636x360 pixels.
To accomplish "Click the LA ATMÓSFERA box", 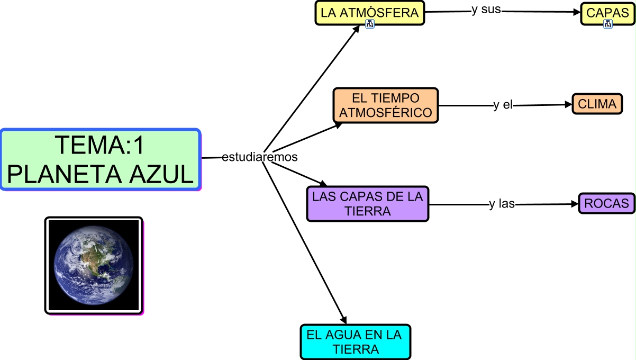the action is pyautogui.click(x=370, y=13).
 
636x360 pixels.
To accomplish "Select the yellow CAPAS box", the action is pyautogui.click(x=607, y=13).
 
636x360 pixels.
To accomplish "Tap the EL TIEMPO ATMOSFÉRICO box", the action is pyautogui.click(x=386, y=105).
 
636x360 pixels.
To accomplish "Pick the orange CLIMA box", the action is pyautogui.click(x=597, y=104).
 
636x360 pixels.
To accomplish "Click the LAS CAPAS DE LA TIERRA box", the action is pyautogui.click(x=368, y=204).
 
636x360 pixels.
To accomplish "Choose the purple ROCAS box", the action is pyautogui.click(x=606, y=203).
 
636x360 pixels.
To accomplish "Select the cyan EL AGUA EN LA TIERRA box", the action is pyautogui.click(x=356, y=342).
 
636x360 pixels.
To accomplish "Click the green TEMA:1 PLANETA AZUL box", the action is pyautogui.click(x=101, y=159).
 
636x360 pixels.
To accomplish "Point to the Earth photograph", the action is pyautogui.click(x=94, y=265).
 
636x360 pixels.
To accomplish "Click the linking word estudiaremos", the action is pyautogui.click(x=259, y=157).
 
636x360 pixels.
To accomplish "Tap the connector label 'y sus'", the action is pyautogui.click(x=486, y=10).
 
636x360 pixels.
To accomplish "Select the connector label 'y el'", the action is pyautogui.click(x=503, y=105).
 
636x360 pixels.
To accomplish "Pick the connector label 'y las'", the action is pyautogui.click(x=502, y=204).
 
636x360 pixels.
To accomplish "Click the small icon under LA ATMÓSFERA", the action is pyautogui.click(x=370, y=24).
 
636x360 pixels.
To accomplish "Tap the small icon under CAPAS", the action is pyautogui.click(x=608, y=24).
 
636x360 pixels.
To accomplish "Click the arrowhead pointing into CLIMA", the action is pyautogui.click(x=568, y=105).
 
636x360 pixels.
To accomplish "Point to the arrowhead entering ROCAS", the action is pyautogui.click(x=575, y=204).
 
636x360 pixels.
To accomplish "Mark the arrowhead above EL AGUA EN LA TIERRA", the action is pyautogui.click(x=343, y=320).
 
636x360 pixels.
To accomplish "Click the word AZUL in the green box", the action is pyautogui.click(x=161, y=174).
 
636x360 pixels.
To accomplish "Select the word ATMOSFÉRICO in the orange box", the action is pyautogui.click(x=386, y=113).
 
